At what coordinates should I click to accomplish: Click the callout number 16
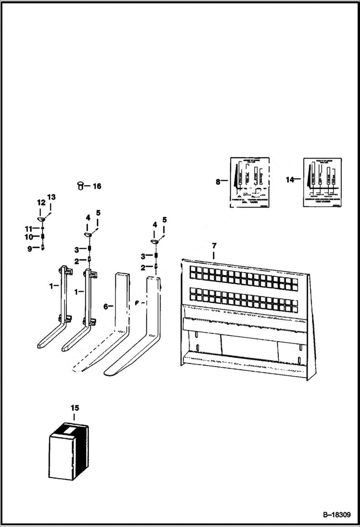tap(97, 186)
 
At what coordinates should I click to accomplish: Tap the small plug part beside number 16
tap(81, 185)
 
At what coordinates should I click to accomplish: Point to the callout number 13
tap(51, 197)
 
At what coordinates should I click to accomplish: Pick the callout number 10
tap(28, 237)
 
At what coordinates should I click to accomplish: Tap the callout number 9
tap(29, 248)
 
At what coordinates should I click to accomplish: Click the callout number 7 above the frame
tap(214, 246)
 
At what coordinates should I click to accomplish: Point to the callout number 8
tap(218, 182)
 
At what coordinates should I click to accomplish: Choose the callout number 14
tap(289, 180)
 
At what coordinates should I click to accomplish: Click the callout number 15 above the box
tap(74, 408)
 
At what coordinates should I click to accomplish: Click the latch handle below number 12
tap(42, 219)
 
